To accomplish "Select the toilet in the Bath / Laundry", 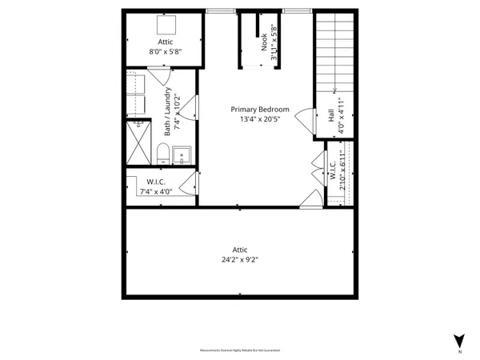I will [162, 152].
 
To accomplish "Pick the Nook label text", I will [265, 42].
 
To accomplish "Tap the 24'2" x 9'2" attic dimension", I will [240, 259].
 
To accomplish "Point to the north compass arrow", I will [458, 340].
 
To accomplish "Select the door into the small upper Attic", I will [160, 77].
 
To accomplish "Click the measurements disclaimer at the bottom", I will [240, 350].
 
